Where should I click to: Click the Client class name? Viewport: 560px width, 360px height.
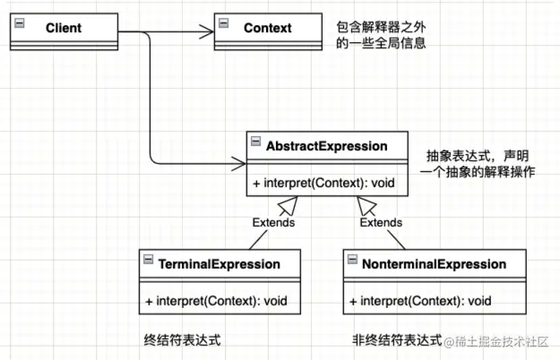click(64, 28)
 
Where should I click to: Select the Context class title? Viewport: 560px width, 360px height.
click(268, 28)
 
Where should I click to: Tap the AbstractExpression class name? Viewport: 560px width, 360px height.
click(327, 146)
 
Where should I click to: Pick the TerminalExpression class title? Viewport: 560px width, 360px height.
click(220, 264)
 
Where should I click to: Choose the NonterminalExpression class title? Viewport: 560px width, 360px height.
click(435, 264)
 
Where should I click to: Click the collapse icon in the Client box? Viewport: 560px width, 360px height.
click(20, 23)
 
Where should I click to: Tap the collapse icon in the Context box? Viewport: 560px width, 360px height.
click(224, 23)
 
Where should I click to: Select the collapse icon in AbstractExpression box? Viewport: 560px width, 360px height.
click(255, 141)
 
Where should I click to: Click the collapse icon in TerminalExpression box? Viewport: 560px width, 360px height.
click(148, 259)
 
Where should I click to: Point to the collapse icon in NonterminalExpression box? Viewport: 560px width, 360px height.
click(352, 259)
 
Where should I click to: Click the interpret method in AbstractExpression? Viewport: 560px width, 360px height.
click(323, 183)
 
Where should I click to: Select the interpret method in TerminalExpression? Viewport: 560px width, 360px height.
click(216, 301)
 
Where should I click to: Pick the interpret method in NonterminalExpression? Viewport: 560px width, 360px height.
click(420, 301)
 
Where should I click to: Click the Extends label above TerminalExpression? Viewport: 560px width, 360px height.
click(273, 222)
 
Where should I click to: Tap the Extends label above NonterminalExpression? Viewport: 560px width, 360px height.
click(381, 222)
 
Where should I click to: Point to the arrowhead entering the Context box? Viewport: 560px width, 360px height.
click(207, 31)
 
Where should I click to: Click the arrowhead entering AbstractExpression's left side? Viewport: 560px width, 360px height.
click(239, 164)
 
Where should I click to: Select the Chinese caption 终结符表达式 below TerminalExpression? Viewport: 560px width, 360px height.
click(183, 340)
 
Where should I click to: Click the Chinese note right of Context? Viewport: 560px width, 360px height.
click(381, 35)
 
